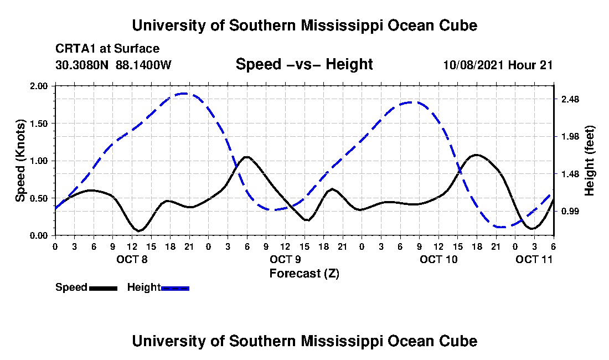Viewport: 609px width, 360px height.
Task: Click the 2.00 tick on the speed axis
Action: coord(40,86)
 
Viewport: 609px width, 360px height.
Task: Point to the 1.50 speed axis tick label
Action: coord(40,124)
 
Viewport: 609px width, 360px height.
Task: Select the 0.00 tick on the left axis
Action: coord(40,235)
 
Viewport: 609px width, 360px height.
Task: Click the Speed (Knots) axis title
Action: coord(20,161)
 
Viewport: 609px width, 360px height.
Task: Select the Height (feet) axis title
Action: coord(589,161)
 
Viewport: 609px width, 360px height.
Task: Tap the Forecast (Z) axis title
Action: coord(304,273)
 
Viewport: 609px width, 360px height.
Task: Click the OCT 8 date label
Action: coord(131,259)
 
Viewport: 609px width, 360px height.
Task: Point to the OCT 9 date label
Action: coord(285,259)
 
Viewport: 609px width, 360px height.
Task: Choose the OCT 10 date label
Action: coord(438,259)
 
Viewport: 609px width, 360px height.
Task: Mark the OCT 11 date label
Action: coord(534,259)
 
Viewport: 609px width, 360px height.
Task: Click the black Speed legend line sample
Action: coord(103,288)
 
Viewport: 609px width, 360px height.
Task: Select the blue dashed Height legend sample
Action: coord(175,288)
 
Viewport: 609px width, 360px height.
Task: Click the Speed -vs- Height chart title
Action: coord(304,64)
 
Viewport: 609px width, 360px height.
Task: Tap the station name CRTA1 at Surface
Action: coord(107,49)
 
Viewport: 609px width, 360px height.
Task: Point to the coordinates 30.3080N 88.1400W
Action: coord(113,65)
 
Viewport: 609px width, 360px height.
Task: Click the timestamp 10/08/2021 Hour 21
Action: coord(498,65)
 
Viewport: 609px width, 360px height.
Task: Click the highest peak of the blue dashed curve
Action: coord(183,94)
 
